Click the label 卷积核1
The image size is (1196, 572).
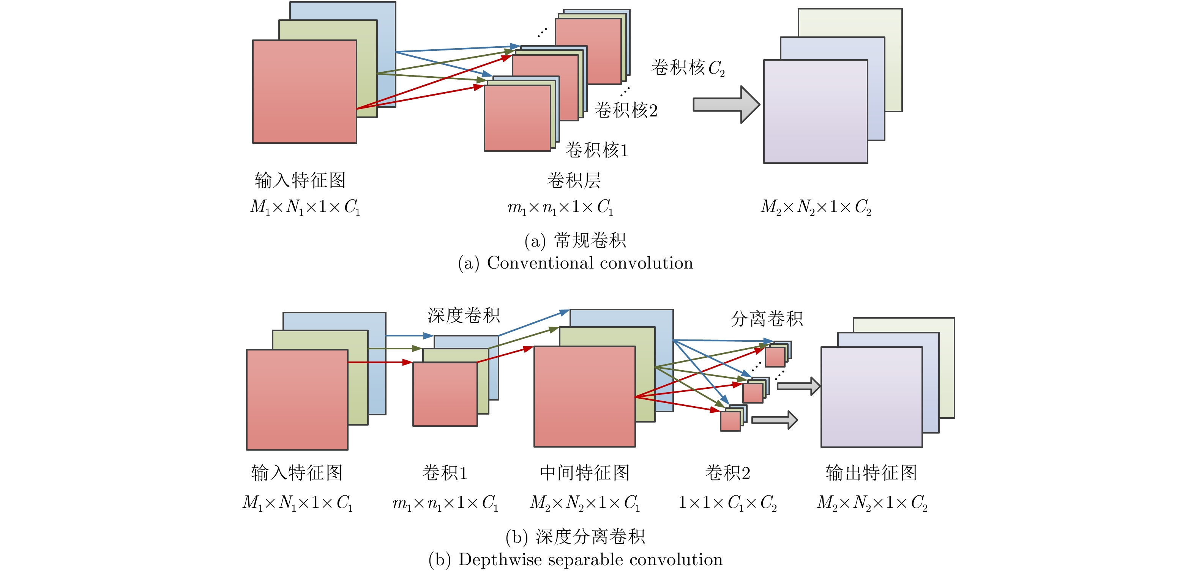pos(596,150)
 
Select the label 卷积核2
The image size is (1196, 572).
pos(626,110)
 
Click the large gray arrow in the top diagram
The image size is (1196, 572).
pos(726,104)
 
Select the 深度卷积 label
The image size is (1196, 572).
pos(463,316)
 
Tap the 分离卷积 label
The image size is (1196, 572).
pos(767,319)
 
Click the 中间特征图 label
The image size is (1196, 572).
pos(585,473)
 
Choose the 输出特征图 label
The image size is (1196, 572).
pos(871,473)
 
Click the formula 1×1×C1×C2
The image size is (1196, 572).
pos(727,503)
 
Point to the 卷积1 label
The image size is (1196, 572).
pos(445,473)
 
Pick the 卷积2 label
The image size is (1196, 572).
pos(727,473)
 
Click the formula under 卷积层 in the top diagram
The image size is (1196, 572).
pos(560,207)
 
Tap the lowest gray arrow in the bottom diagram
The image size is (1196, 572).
pos(774,420)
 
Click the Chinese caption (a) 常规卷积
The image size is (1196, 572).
pos(576,240)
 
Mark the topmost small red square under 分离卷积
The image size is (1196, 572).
pos(775,357)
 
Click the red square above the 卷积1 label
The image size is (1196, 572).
pos(445,394)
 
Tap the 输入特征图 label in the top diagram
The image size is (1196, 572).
pos(300,181)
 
